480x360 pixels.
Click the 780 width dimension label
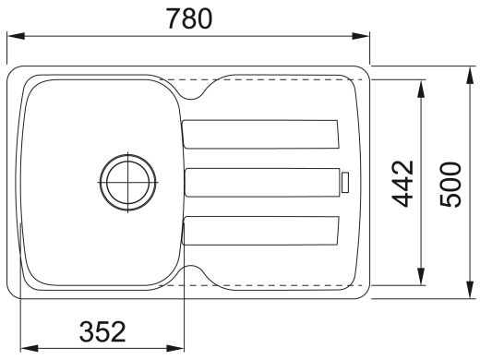pyautogui.click(x=189, y=18)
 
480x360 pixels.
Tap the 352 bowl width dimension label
pyautogui.click(x=102, y=331)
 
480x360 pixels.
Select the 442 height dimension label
pyautogui.click(x=402, y=184)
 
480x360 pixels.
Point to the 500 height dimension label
pyautogui.click(x=450, y=184)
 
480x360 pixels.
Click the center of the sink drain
pyautogui.click(x=128, y=183)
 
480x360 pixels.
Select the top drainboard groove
pyautogui.click(x=260, y=134)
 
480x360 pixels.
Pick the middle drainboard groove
pyautogui.click(x=262, y=183)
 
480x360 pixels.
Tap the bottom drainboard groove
pyautogui.click(x=260, y=231)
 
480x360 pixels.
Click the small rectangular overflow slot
pyautogui.click(x=345, y=183)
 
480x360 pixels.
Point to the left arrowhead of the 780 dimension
pyautogui.click(x=16, y=36)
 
